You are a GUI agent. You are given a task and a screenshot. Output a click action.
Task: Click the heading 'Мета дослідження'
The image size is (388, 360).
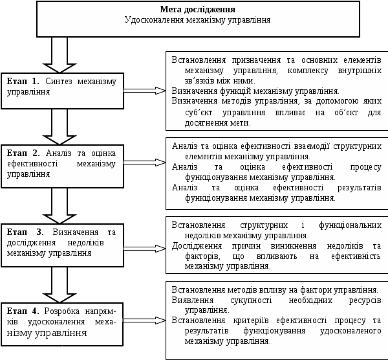pos(197,10)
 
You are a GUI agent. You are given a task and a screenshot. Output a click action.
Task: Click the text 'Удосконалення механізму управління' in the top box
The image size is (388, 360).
pos(197,20)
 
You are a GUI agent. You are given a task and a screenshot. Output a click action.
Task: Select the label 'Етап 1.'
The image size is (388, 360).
pos(23,82)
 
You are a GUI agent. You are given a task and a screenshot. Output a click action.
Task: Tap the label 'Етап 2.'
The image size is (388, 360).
pos(24,153)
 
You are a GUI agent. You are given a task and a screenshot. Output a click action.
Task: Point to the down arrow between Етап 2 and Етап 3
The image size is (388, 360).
pos(59,205)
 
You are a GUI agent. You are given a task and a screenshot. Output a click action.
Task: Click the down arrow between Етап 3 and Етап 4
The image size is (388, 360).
pos(59,283)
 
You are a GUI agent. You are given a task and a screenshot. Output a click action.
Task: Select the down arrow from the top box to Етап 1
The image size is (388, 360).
pos(59,54)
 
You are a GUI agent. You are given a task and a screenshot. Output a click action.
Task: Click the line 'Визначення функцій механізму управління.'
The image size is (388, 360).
pos(255,91)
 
